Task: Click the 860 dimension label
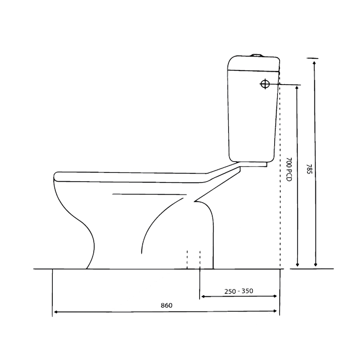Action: [x=167, y=305]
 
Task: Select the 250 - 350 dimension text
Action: [x=239, y=291]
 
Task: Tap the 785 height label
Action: [x=309, y=169]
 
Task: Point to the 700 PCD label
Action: [x=289, y=169]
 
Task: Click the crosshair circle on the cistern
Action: [x=265, y=84]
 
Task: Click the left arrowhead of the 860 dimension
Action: [x=55, y=312]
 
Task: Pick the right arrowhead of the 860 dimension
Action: [x=275, y=311]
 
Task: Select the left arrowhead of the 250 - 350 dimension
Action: [x=203, y=297]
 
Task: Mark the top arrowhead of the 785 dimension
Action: [x=314, y=63]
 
